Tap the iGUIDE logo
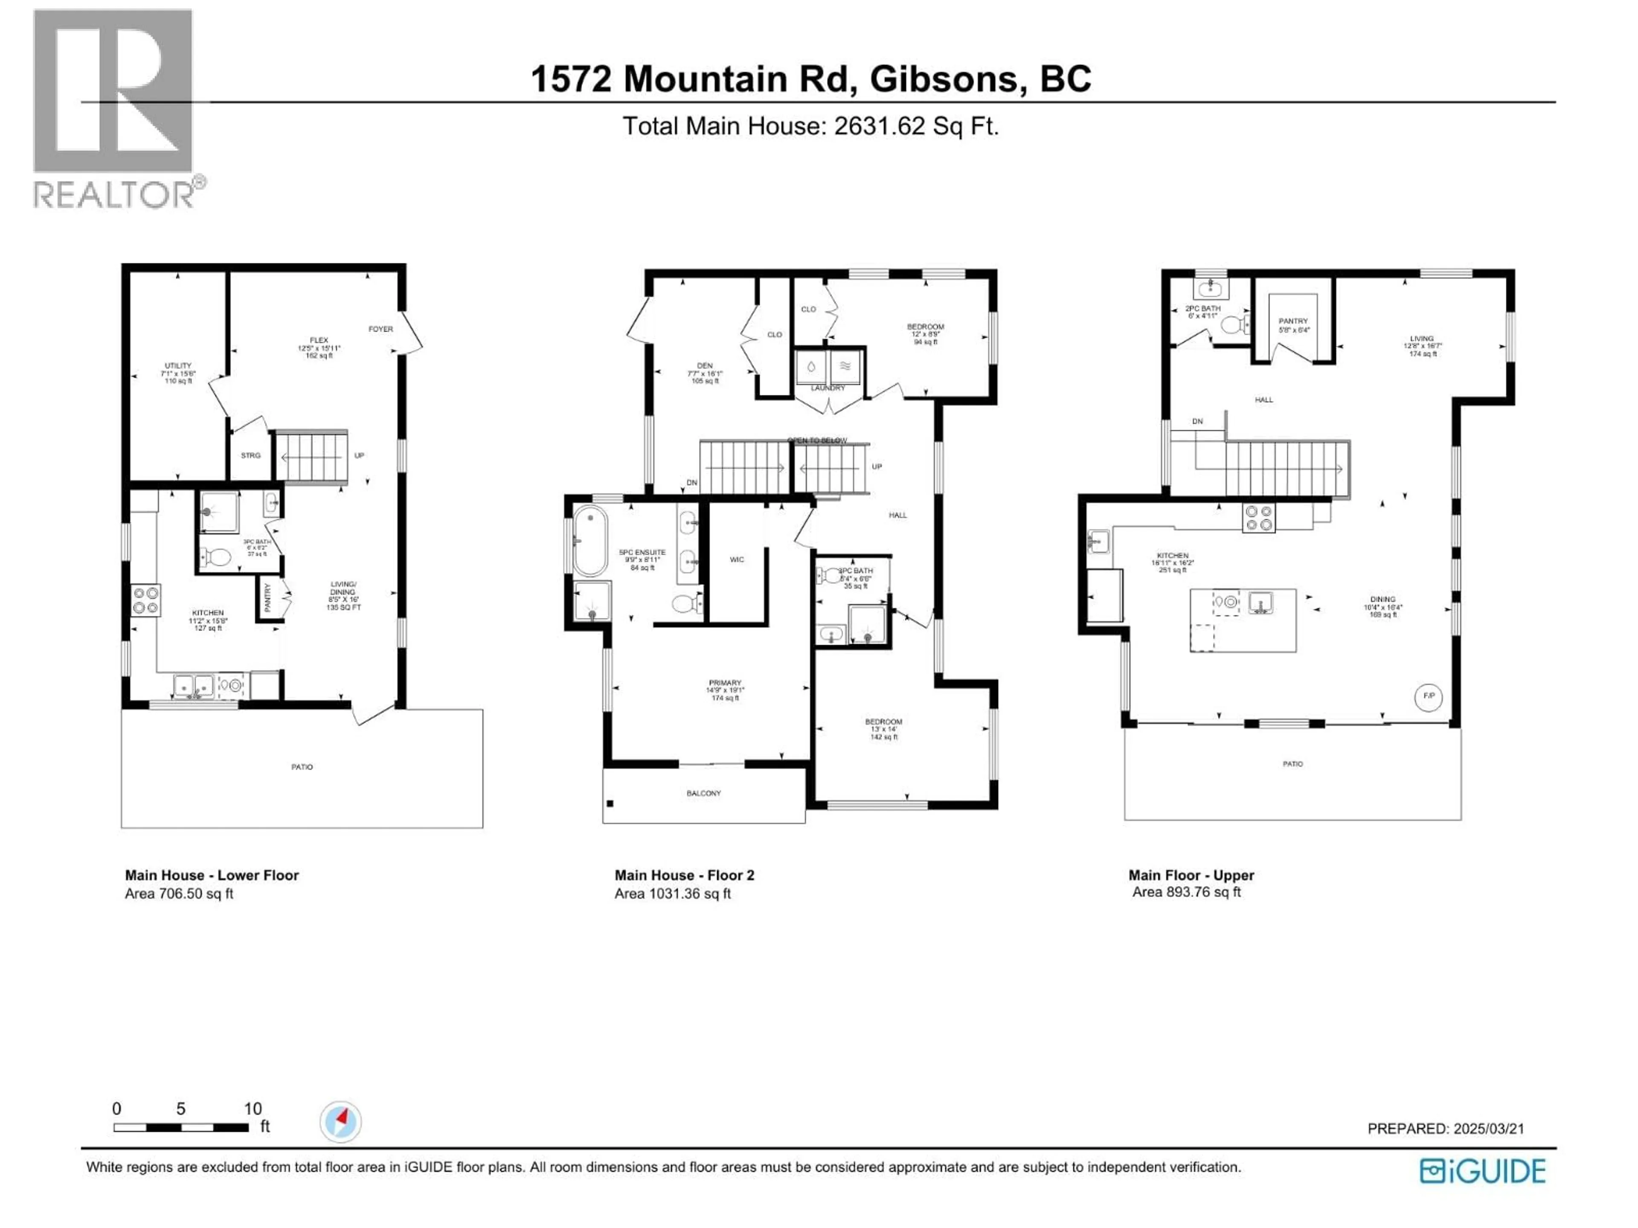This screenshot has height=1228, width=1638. [1482, 1171]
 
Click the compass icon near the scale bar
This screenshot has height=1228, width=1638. [341, 1121]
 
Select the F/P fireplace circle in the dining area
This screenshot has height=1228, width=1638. [1429, 697]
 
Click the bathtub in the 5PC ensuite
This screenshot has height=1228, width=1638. [590, 540]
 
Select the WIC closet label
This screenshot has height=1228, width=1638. [736, 559]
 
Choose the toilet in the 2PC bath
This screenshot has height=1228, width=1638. [1232, 325]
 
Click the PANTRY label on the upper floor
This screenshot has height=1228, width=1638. [1293, 321]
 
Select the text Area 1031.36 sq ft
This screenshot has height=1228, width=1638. [672, 893]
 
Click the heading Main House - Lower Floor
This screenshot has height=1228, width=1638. [212, 875]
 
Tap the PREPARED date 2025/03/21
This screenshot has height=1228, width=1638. [1488, 1129]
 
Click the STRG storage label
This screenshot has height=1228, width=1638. [250, 455]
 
